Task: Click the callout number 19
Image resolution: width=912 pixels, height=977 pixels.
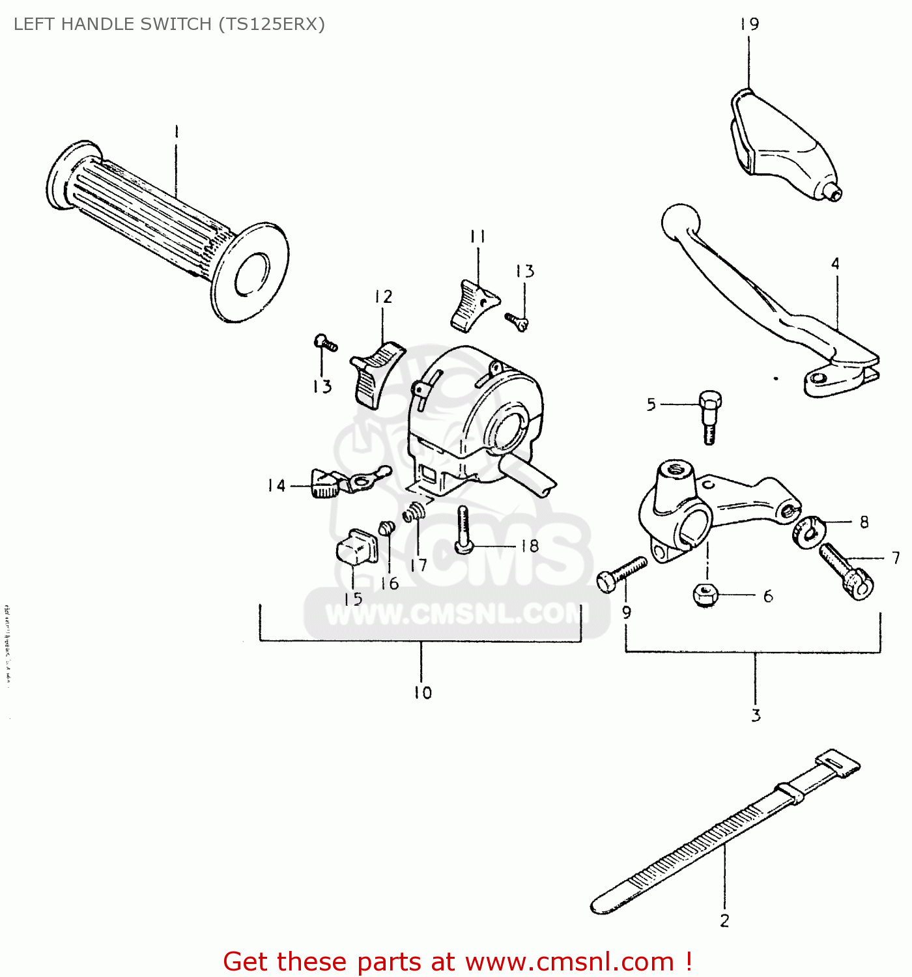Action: click(x=749, y=25)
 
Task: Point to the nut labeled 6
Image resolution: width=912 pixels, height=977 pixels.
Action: click(x=705, y=594)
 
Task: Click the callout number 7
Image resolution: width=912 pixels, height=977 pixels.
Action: click(x=896, y=558)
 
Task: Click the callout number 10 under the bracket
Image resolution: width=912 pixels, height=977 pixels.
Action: click(x=423, y=693)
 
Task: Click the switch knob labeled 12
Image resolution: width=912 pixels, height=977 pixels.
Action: click(x=376, y=374)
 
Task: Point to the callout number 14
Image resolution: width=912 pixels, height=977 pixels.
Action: click(x=276, y=486)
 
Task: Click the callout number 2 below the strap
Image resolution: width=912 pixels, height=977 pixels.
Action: click(x=724, y=921)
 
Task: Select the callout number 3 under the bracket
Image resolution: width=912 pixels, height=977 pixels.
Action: click(x=756, y=715)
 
